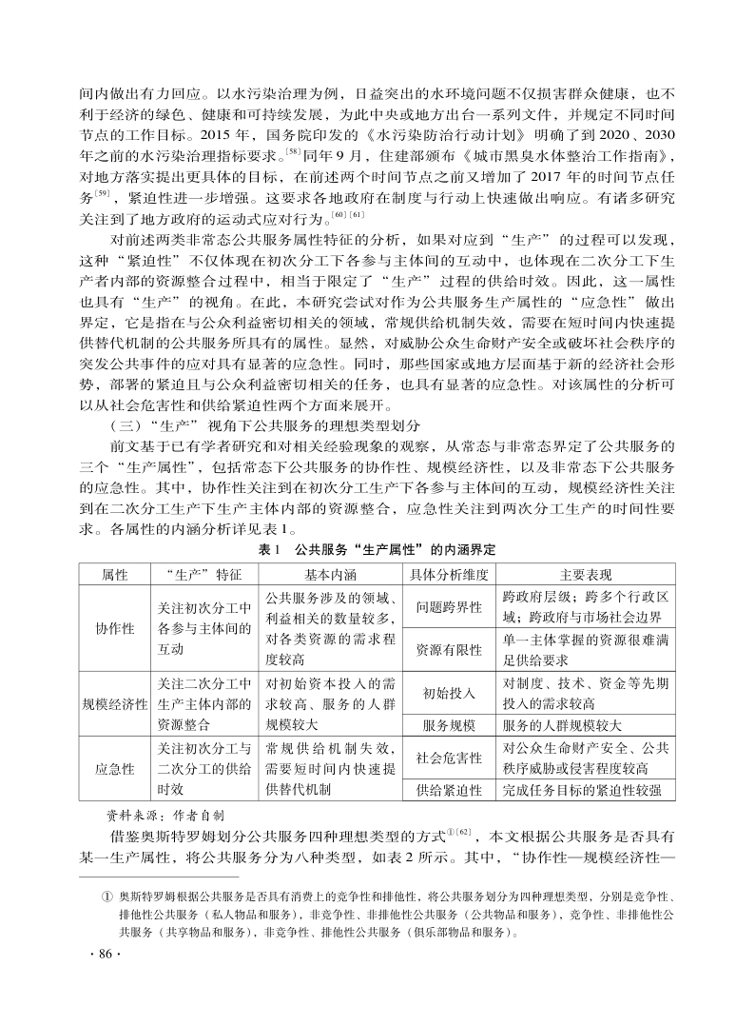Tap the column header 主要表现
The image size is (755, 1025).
[586, 576]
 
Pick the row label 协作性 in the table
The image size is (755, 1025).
[114, 629]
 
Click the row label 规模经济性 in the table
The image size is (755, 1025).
[114, 704]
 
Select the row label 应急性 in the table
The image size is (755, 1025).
[114, 770]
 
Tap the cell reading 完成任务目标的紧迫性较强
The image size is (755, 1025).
[588, 791]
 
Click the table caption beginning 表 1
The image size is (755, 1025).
[377, 551]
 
